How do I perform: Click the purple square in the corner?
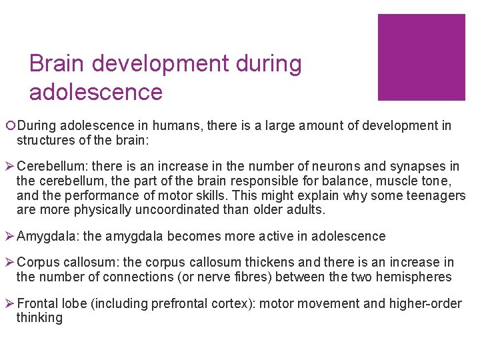coord(421,57)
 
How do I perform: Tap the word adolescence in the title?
coord(96,91)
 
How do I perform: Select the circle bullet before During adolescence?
coord(11,126)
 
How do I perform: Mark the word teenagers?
coord(434,195)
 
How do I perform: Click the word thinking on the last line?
coord(39,318)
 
